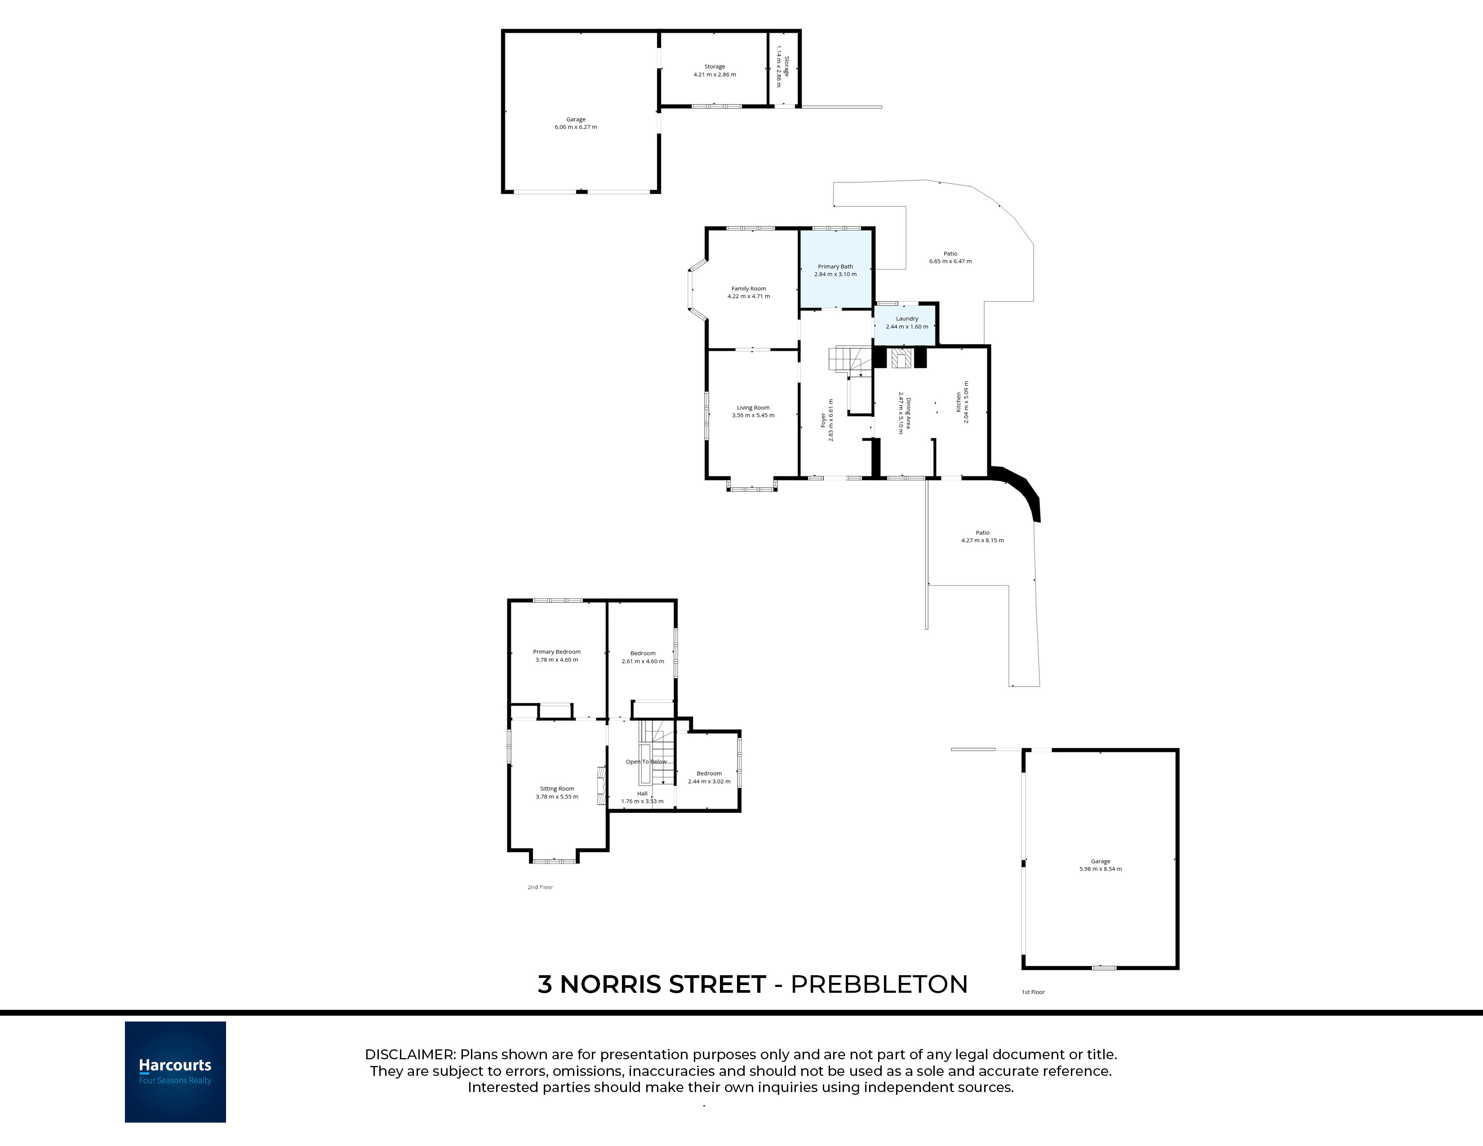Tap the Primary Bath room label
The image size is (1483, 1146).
tap(835, 267)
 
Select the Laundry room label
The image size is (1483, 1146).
tap(907, 319)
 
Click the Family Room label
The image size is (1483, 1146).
tap(749, 289)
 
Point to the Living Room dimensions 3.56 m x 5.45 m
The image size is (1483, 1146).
tap(753, 416)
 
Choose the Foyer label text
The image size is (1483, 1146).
tap(824, 420)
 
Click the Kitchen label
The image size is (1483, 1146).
tap(959, 402)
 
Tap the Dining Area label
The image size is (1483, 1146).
tap(908, 413)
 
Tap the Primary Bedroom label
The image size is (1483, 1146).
tap(557, 652)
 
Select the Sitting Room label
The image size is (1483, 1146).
tap(557, 789)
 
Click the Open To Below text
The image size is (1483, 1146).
tap(646, 762)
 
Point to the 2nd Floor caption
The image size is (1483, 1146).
tap(541, 887)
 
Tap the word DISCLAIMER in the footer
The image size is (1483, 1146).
tap(409, 1054)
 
